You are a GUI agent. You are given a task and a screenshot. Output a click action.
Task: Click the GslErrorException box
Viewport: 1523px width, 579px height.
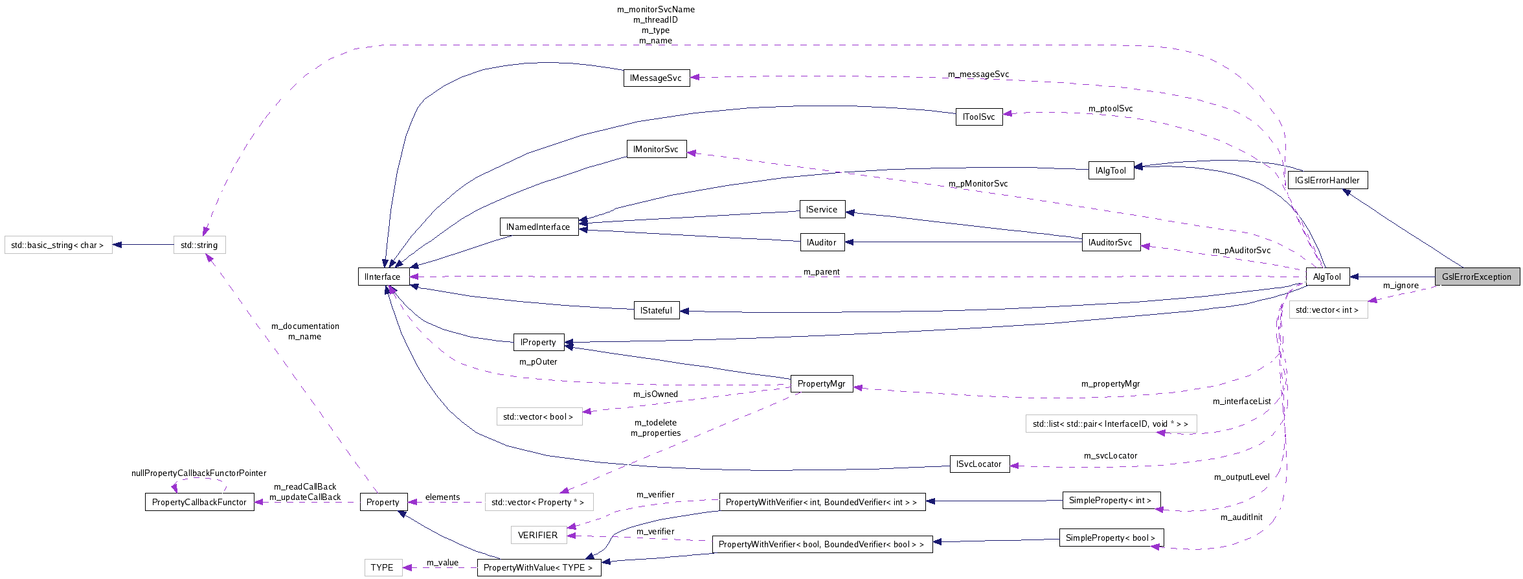click(1476, 277)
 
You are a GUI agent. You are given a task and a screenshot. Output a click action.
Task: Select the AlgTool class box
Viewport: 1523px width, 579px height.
click(1327, 277)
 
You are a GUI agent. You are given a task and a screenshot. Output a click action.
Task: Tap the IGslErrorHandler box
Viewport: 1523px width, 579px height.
click(1327, 180)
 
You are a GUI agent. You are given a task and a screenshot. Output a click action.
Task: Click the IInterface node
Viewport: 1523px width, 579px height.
click(383, 277)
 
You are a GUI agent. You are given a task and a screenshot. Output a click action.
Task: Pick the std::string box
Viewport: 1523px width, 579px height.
click(199, 245)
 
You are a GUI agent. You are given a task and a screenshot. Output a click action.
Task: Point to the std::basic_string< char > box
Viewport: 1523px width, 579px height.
click(58, 245)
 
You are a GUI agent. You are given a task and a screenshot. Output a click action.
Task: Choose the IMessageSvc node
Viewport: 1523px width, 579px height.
click(656, 78)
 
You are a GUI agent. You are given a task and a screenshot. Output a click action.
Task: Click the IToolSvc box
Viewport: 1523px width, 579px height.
click(978, 117)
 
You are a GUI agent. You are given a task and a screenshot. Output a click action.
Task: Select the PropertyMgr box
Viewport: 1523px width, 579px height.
click(821, 383)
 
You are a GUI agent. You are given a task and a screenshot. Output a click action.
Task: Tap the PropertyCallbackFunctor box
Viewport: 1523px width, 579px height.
click(199, 502)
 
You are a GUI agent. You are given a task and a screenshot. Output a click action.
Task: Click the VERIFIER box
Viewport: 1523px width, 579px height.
click(537, 535)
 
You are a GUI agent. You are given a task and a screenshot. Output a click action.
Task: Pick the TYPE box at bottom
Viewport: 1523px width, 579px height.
click(382, 567)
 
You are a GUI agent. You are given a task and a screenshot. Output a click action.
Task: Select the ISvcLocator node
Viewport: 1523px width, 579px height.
click(979, 464)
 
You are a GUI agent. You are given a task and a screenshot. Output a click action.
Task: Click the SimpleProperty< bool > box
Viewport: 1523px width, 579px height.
click(1111, 538)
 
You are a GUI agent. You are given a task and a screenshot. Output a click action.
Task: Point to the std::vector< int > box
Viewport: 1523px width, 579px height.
click(1327, 310)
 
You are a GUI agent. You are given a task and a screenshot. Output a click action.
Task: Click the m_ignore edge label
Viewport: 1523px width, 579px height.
click(1401, 286)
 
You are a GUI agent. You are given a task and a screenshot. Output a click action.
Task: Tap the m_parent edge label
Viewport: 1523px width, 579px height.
click(821, 272)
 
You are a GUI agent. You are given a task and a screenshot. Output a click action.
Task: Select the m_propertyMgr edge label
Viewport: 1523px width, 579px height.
click(1110, 384)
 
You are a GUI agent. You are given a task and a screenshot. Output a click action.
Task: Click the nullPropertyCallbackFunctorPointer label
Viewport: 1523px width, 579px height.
click(199, 473)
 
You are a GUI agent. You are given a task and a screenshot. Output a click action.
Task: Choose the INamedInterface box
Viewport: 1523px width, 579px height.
click(538, 227)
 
